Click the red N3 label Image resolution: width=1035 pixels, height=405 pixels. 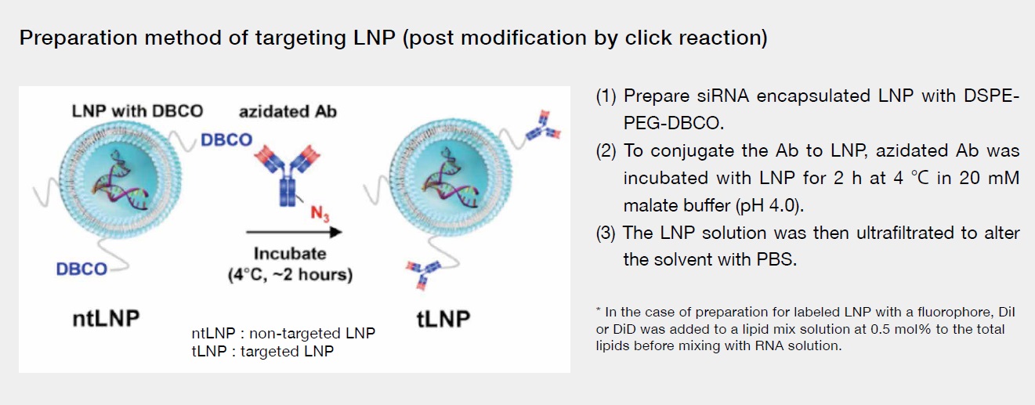320,214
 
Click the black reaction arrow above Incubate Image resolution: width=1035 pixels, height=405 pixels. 294,232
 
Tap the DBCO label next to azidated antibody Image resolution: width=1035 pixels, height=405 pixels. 226,140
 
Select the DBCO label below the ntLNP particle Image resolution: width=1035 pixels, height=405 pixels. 81,269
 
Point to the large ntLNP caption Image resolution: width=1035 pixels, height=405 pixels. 107,319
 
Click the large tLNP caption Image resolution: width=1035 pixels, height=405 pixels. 443,319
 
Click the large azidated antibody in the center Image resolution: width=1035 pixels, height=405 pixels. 288,175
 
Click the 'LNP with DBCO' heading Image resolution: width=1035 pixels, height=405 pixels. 137,111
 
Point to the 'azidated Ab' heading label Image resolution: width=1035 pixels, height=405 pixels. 288,112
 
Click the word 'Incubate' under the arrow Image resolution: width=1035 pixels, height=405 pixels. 290,254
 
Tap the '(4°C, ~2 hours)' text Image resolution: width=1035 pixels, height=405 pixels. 290,275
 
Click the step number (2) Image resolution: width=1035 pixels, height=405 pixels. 606,151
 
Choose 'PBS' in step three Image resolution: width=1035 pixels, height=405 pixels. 776,259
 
